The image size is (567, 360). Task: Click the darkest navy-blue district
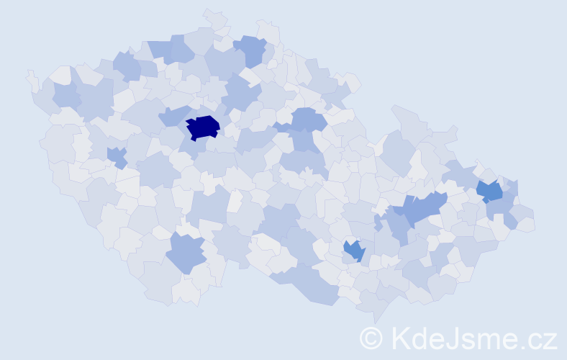tap(203, 127)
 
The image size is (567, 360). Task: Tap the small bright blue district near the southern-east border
tap(354, 251)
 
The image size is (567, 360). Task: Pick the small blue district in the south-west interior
tap(116, 156)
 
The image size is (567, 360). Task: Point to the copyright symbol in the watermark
tap(371, 338)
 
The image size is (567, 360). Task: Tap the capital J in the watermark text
tap(458, 338)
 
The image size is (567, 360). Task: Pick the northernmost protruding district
tap(214, 16)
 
